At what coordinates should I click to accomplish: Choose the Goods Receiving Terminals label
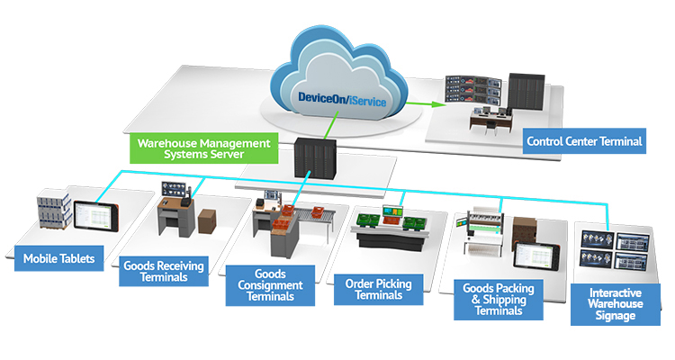163,270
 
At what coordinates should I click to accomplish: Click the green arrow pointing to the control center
416,103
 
